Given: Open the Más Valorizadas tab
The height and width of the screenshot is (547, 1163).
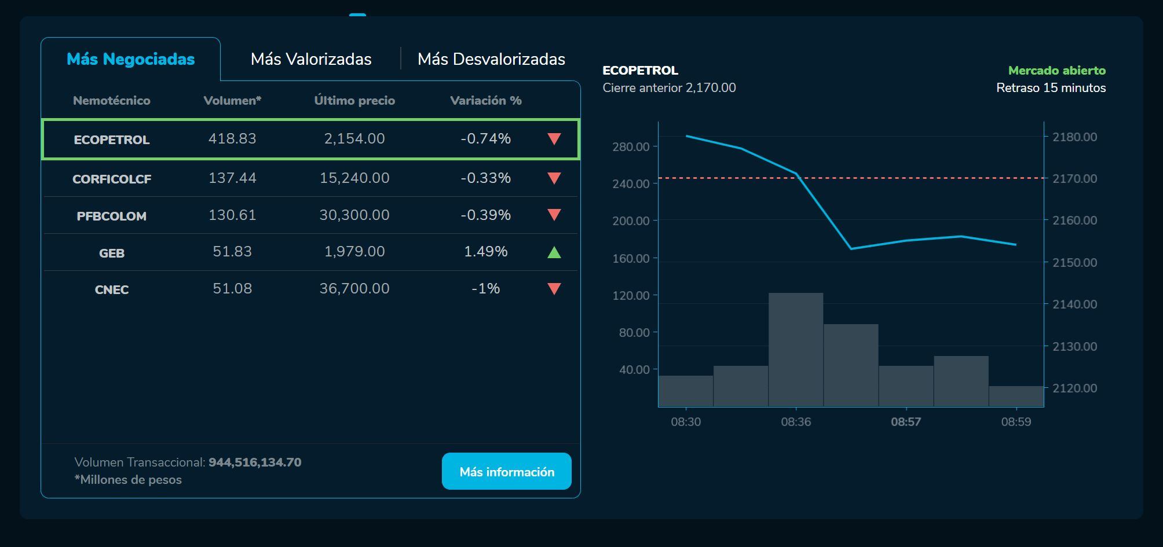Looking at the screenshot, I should [311, 59].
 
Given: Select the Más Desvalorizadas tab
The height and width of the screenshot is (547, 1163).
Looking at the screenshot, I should [491, 59].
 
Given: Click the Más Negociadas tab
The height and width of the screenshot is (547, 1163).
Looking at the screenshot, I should [131, 59].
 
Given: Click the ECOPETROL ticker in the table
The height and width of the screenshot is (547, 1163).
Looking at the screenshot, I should [112, 139].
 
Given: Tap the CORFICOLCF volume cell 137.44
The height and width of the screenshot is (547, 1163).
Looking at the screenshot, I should [232, 178].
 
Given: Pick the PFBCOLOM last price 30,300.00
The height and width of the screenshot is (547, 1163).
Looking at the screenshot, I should [354, 215].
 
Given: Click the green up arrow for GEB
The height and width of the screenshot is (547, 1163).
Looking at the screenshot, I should [554, 252].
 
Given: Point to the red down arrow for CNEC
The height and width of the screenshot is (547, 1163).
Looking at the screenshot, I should [554, 289].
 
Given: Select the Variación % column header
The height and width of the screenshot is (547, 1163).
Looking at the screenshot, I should [485, 101].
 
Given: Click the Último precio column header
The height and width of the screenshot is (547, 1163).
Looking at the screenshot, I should [354, 101].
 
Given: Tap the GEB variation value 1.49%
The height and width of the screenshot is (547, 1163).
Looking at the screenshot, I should [485, 252].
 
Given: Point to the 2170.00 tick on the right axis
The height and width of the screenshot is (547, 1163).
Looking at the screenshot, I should [1074, 179].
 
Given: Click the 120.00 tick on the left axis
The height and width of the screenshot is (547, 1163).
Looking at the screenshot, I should [631, 296].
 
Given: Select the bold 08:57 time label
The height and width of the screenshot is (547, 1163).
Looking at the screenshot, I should [906, 422].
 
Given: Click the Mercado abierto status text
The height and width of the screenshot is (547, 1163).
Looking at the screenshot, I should [1056, 71].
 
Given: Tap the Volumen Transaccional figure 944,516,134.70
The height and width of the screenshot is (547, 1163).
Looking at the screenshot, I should [255, 462].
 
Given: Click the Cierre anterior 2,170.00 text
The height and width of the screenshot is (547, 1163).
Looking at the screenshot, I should [669, 88].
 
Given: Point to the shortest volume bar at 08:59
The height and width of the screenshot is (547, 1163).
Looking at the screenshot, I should [1016, 397].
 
